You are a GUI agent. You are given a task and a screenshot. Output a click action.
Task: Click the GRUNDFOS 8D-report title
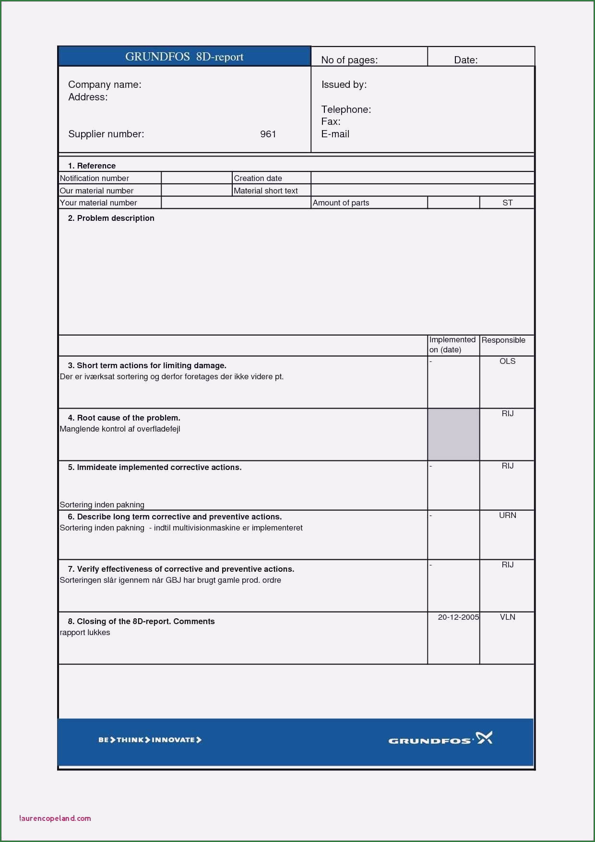click(184, 57)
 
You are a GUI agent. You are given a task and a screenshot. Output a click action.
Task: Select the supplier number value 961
click(268, 134)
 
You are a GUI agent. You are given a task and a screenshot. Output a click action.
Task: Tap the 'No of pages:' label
click(349, 60)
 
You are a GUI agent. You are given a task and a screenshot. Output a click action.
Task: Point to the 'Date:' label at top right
click(465, 60)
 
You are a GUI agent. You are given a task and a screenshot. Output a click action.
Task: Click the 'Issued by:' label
click(344, 84)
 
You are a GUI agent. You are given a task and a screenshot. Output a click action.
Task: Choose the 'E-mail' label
click(335, 134)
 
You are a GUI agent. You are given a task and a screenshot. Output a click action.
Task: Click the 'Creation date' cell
click(258, 178)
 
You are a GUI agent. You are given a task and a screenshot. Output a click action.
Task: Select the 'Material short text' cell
click(265, 191)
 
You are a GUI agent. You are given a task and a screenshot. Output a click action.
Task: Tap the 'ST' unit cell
click(507, 203)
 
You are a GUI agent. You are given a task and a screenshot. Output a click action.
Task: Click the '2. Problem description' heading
click(111, 218)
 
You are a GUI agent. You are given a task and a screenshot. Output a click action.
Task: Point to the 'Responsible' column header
click(503, 340)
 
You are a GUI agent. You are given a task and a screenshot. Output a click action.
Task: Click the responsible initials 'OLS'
click(507, 361)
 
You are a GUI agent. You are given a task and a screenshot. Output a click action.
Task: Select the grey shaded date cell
click(453, 434)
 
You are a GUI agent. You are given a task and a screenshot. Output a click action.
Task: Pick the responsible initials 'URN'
click(507, 515)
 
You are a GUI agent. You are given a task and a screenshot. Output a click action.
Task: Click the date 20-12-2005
click(458, 617)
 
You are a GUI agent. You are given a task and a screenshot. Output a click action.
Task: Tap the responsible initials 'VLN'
click(507, 617)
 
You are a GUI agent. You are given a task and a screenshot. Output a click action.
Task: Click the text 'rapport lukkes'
click(85, 632)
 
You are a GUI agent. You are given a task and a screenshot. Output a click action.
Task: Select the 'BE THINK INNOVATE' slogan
click(150, 740)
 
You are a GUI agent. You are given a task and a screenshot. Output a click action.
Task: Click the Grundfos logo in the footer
click(440, 739)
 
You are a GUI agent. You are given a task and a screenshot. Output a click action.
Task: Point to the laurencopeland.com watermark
click(55, 818)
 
